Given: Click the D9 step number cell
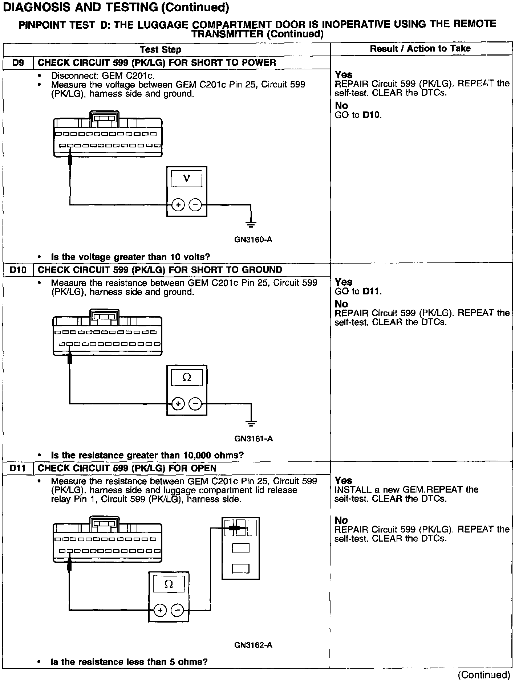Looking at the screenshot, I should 18,63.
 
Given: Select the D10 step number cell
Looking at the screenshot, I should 18,270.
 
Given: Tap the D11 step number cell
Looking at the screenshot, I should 18,468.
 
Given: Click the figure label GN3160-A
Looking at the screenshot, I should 253,240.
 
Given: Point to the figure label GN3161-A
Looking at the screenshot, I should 254,439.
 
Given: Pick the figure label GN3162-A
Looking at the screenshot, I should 253,645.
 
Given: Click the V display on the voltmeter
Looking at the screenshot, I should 187,179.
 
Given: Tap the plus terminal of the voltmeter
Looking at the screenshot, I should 178,205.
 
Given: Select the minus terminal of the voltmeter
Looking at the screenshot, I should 195,205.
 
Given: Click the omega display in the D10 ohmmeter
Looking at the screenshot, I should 187,378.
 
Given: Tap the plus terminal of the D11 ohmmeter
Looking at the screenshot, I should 160,610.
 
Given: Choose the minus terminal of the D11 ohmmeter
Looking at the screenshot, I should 177,610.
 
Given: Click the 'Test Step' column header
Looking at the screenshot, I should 161,49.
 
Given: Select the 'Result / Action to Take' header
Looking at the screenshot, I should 420,49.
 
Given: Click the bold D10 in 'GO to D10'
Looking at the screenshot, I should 372,115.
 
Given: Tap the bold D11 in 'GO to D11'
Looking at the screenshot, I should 372,291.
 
